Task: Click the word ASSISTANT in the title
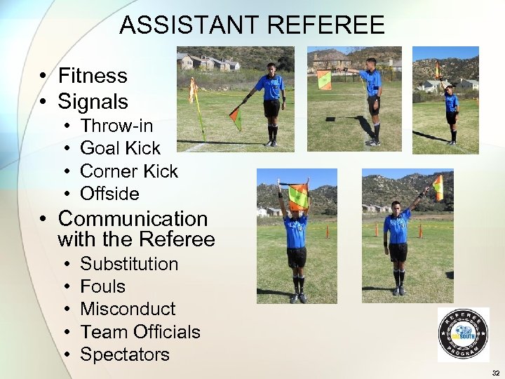click(190, 25)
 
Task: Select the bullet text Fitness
click(93, 76)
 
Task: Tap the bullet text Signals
click(93, 102)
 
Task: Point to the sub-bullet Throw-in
click(116, 126)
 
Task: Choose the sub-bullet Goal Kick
click(121, 148)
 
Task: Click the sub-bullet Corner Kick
click(129, 171)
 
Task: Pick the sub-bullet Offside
click(110, 193)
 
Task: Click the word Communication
click(133, 219)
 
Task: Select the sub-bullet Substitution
click(129, 264)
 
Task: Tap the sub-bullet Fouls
click(103, 286)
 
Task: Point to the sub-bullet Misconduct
click(128, 309)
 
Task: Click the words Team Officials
click(140, 331)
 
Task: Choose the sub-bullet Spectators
click(125, 354)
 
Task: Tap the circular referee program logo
click(463, 335)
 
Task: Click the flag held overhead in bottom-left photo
click(298, 197)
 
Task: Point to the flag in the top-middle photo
click(324, 80)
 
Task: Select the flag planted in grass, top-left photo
click(194, 92)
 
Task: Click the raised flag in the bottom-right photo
click(438, 187)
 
